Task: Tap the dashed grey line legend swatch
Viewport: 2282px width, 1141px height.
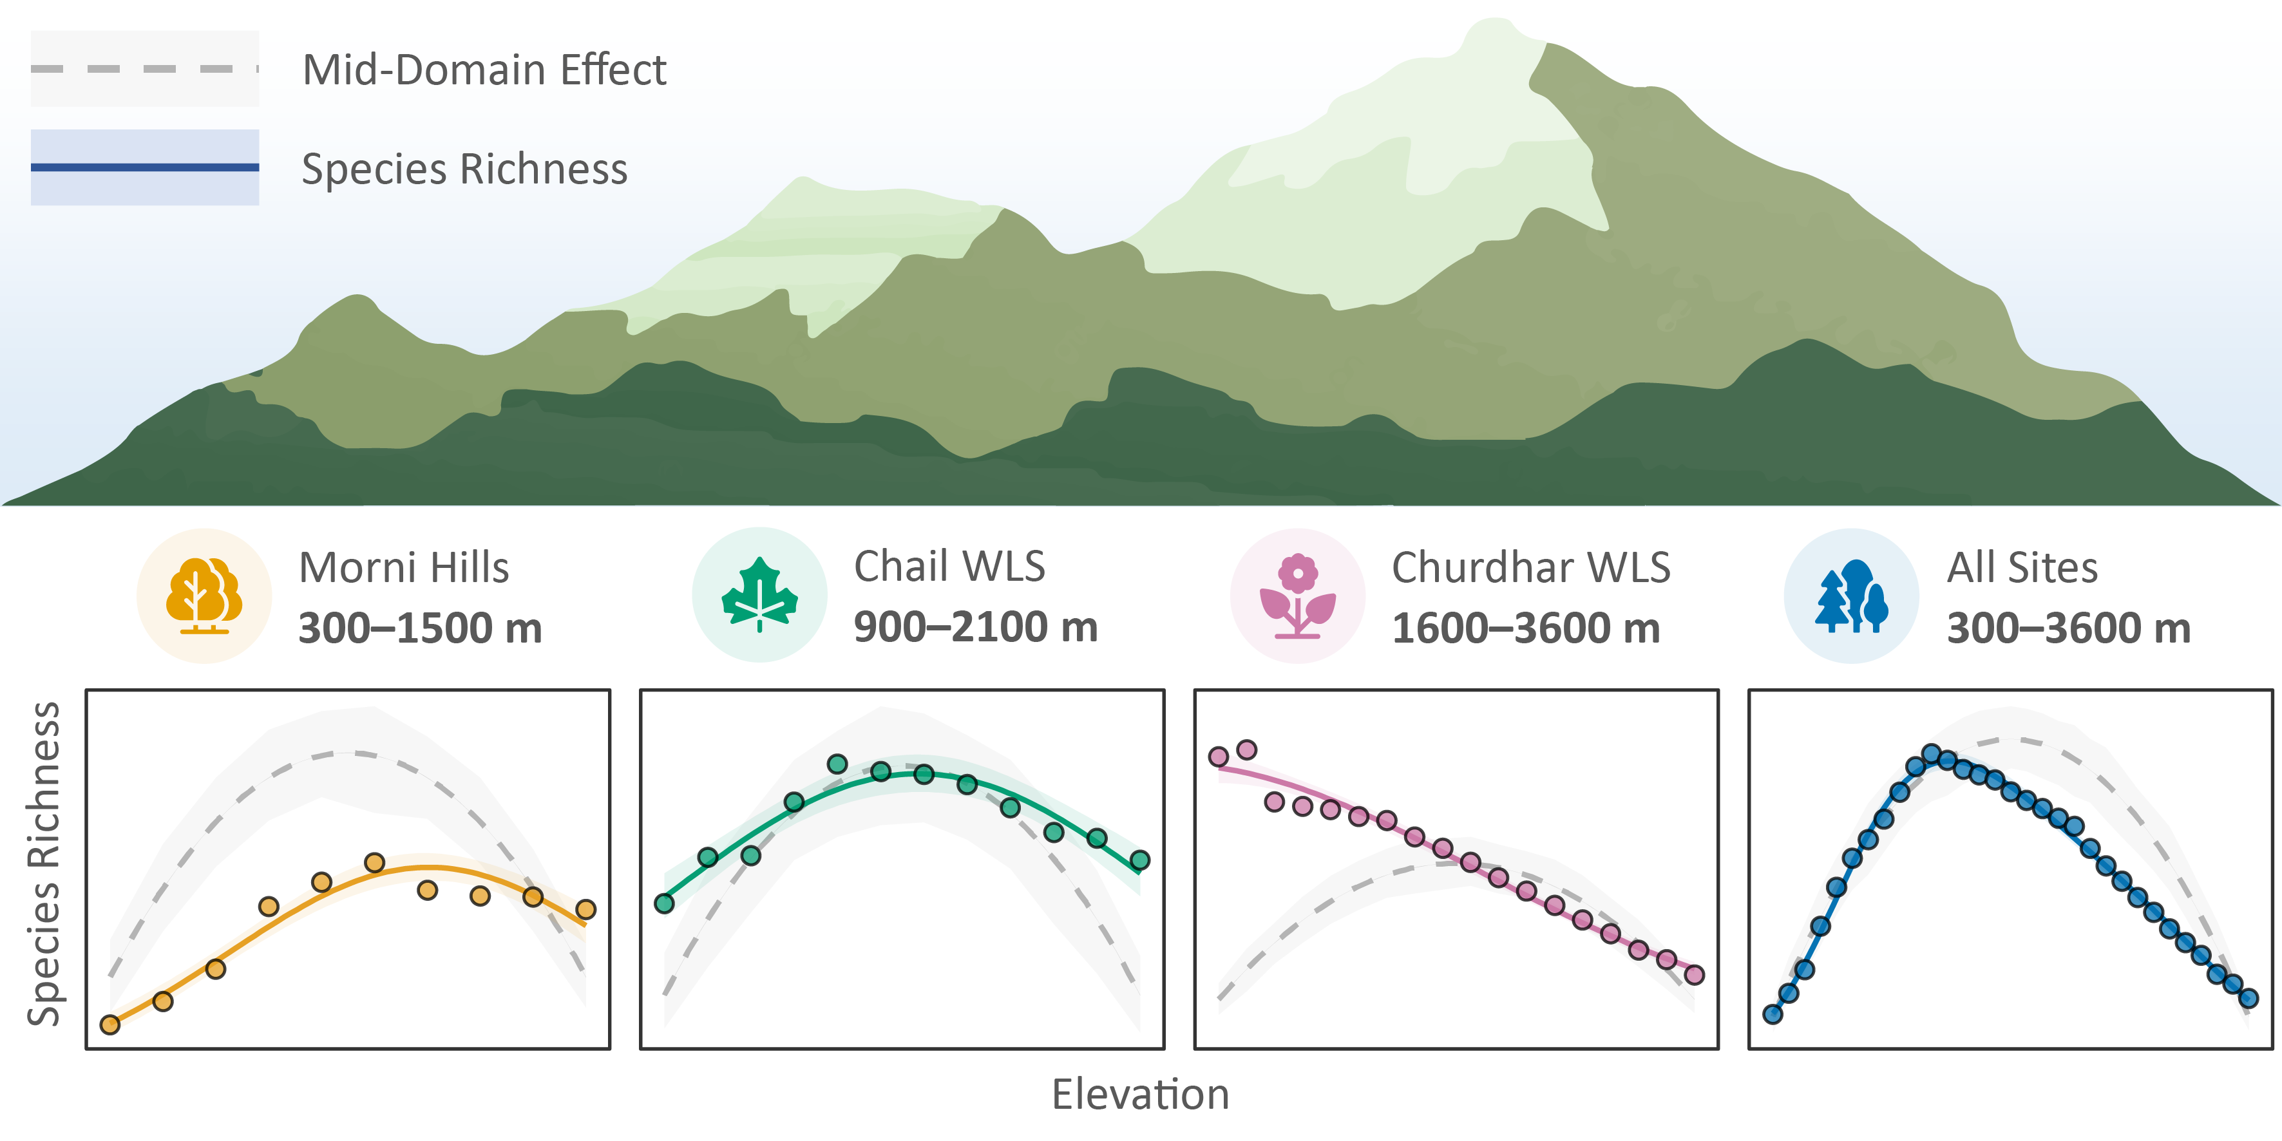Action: (144, 69)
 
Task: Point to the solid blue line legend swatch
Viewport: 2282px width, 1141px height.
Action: (144, 167)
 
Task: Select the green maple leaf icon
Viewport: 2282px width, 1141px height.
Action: (759, 594)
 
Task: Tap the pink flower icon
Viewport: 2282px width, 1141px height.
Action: (1298, 596)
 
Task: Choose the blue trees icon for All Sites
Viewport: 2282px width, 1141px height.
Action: (1852, 596)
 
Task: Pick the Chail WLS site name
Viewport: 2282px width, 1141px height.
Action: (949, 566)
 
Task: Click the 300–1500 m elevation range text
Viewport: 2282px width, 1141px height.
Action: (420, 628)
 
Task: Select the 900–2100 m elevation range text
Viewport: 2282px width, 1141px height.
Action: (975, 627)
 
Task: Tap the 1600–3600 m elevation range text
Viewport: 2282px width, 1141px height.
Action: (1525, 628)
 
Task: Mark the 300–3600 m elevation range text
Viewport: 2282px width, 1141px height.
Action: (2069, 628)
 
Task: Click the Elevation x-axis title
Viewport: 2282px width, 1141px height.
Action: (1140, 1094)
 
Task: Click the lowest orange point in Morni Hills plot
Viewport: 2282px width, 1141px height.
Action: (110, 1025)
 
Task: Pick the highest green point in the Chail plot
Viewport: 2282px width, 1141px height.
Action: (837, 764)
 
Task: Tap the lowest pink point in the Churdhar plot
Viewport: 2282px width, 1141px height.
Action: (1695, 976)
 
